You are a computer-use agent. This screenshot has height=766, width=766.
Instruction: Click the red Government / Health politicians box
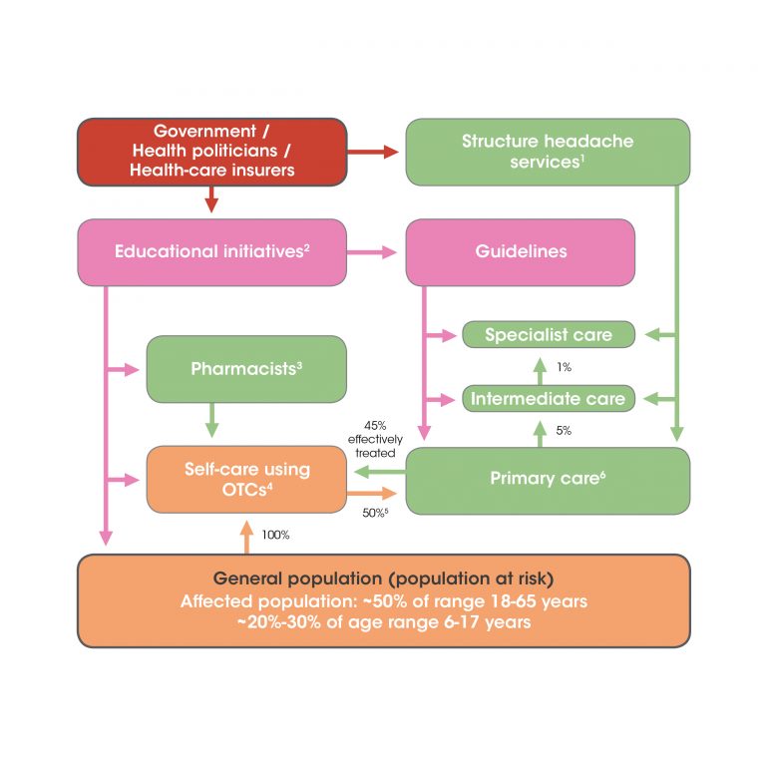click(211, 152)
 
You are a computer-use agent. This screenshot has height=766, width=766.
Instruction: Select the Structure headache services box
click(547, 152)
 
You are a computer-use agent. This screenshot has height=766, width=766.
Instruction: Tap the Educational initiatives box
click(211, 251)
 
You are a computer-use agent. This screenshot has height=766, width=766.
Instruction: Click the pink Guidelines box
click(520, 251)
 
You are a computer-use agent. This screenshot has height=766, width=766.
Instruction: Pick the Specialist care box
click(548, 335)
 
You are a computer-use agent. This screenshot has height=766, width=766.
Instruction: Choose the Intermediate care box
click(548, 399)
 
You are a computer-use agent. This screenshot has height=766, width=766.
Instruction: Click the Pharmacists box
click(246, 369)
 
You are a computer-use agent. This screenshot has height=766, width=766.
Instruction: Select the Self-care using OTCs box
click(246, 480)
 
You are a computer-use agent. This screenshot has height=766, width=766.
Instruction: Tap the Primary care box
click(548, 480)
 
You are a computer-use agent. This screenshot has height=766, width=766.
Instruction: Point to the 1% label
click(564, 367)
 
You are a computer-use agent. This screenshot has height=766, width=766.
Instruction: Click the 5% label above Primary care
click(564, 432)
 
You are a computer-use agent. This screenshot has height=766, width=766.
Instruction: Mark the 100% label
click(275, 535)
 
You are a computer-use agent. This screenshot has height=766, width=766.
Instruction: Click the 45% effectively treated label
click(374, 438)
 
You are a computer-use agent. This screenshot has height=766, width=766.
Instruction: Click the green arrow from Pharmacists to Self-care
click(211, 420)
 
